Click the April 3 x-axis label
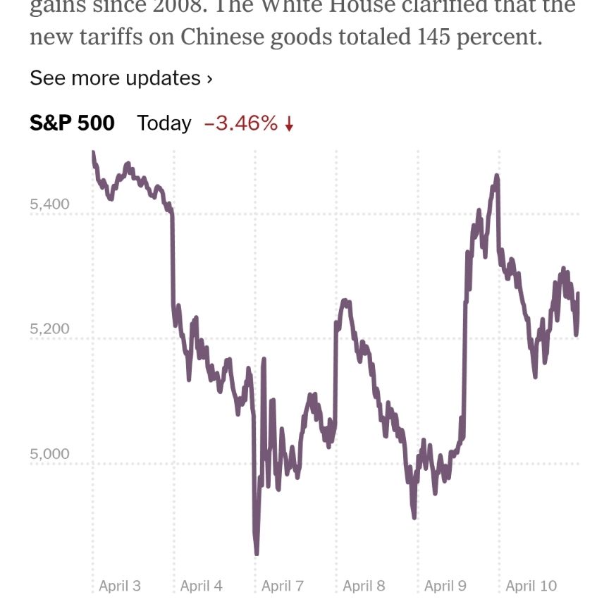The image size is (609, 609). [120, 586]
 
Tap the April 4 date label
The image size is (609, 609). [201, 586]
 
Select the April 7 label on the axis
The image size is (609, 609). [282, 586]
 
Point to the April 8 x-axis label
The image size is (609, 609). [364, 586]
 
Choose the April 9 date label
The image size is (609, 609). [445, 586]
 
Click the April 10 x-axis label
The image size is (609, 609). [531, 586]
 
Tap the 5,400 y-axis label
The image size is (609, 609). [50, 204]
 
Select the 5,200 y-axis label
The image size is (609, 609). [50, 329]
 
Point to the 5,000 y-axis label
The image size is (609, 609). [50, 454]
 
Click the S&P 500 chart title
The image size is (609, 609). [72, 123]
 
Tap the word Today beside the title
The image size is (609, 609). [164, 123]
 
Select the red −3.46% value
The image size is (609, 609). [241, 123]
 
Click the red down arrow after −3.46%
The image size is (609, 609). [289, 125]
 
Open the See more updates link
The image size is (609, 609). [121, 78]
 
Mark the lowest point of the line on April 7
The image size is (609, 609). [257, 553]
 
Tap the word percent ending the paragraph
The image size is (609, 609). [499, 37]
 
